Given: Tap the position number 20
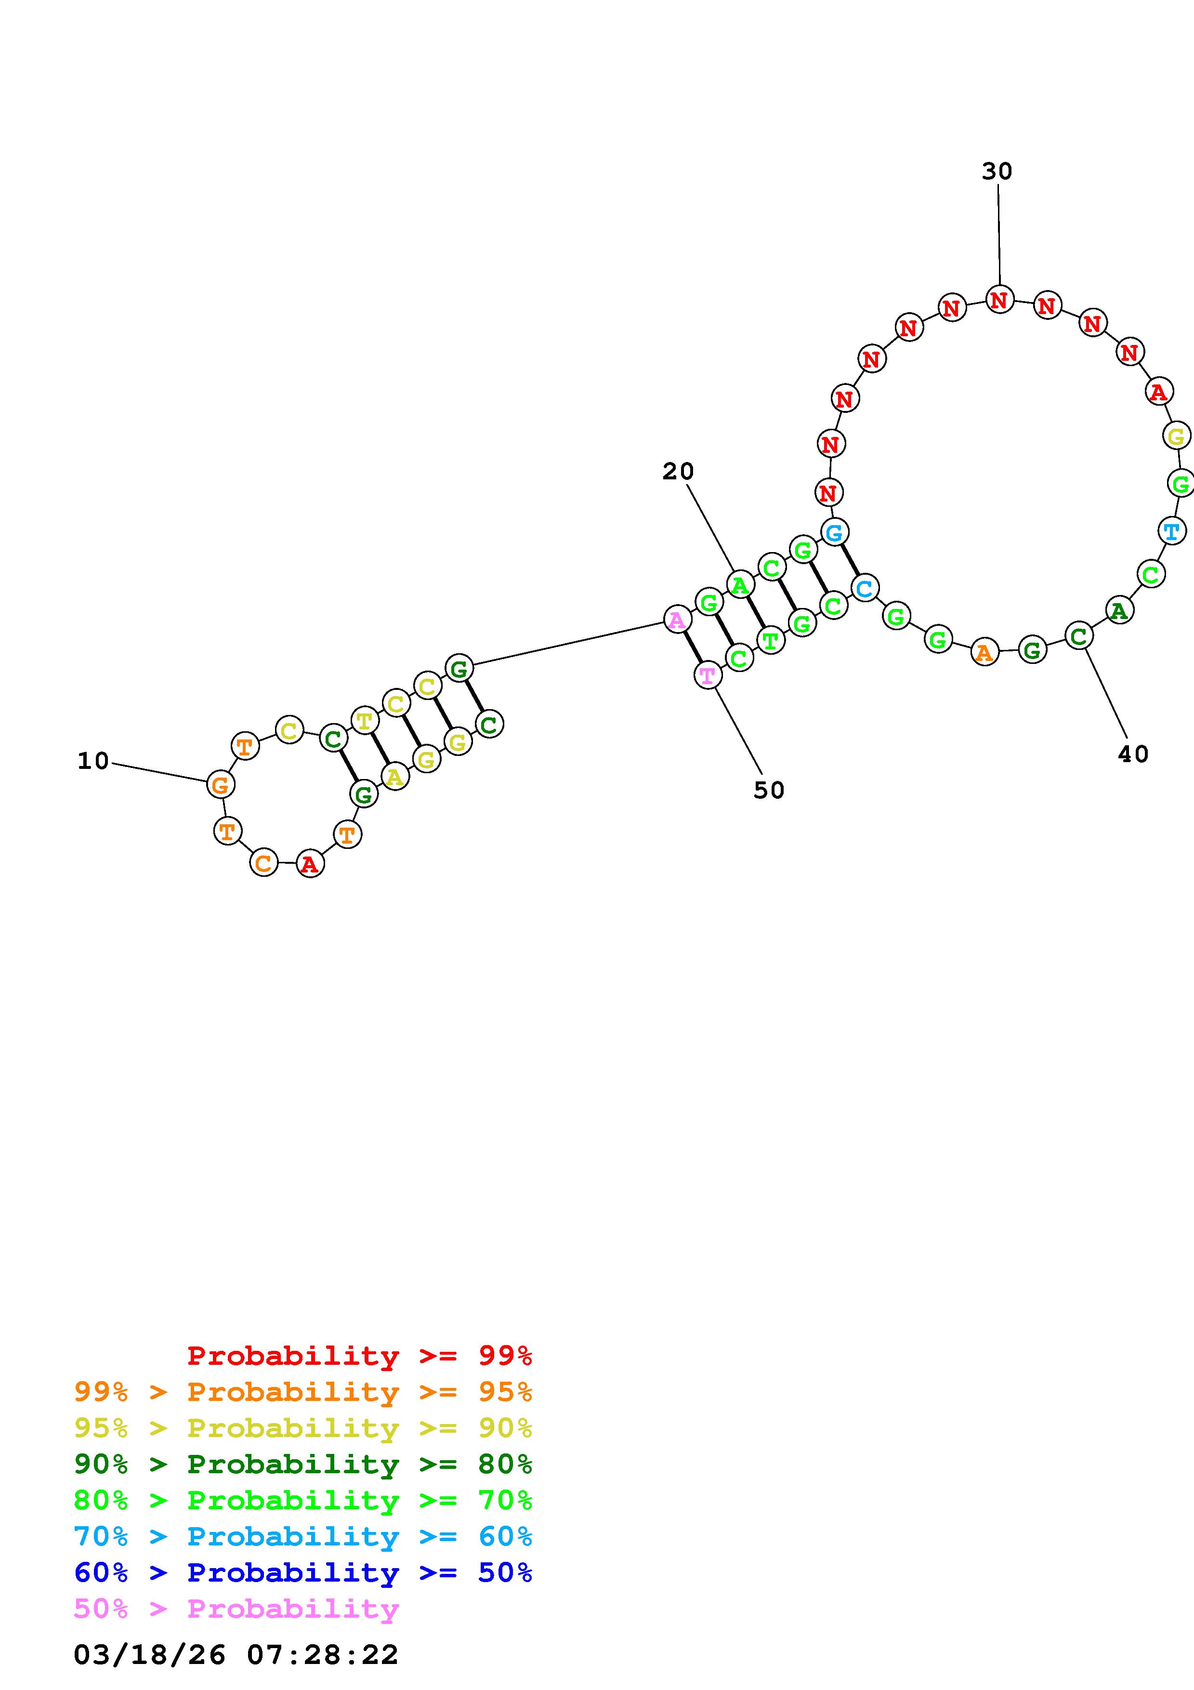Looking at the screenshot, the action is coord(678,472).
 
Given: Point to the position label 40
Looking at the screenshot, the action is coord(1133,754).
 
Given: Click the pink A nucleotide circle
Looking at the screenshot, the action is coord(677,619).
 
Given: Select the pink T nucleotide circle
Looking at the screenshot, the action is coord(708,674).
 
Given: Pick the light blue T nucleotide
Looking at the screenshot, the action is coord(1172,530).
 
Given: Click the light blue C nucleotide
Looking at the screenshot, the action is coord(865,588).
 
